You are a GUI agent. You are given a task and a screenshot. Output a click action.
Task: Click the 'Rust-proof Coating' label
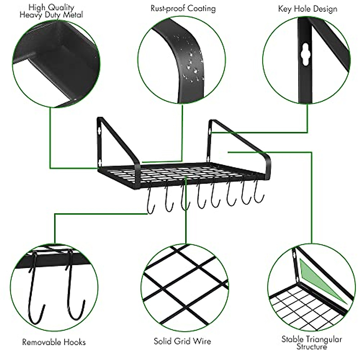pyautogui.click(x=183, y=8)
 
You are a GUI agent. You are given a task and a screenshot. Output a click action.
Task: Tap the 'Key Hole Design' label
pyautogui.click(x=307, y=8)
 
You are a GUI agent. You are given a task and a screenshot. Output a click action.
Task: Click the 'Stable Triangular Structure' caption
pyautogui.click(x=311, y=343)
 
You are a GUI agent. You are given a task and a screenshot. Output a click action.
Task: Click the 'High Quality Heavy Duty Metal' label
pyautogui.click(x=51, y=11)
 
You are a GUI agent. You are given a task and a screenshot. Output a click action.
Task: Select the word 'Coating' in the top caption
pyautogui.click(x=202, y=8)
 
